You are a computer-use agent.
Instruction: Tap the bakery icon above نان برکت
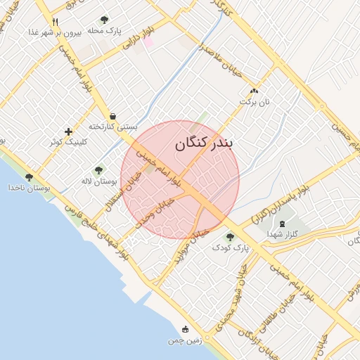[254, 91]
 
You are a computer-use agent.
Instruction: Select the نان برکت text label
[254, 102]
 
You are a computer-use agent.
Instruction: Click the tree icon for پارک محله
[105, 20]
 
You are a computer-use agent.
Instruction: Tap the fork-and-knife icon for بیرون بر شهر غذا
[56, 22]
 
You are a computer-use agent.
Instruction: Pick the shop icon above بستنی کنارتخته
[112, 116]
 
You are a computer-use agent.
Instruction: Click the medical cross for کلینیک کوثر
[68, 131]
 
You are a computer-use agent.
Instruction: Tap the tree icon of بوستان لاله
[98, 170]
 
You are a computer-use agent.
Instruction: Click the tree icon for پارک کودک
[230, 237]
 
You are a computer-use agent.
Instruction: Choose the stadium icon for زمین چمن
[186, 329]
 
